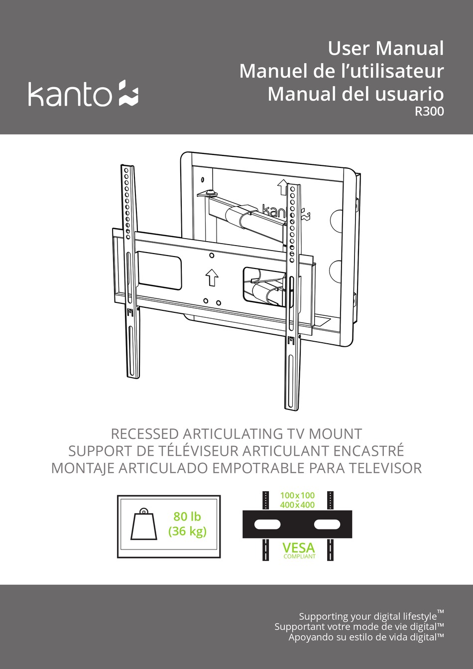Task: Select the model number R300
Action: pyautogui.click(x=429, y=112)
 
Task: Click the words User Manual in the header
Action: pyautogui.click(x=385, y=48)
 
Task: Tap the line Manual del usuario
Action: pyautogui.click(x=355, y=94)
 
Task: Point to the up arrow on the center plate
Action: pyautogui.click(x=212, y=277)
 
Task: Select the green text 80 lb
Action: pyautogui.click(x=187, y=517)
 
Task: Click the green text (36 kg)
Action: pyautogui.click(x=187, y=531)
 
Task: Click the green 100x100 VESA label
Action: pyautogui.click(x=297, y=495)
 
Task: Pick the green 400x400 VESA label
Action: pyautogui.click(x=297, y=505)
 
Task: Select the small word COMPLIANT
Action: pyautogui.click(x=299, y=556)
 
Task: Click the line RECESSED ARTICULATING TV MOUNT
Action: pyautogui.click(x=236, y=434)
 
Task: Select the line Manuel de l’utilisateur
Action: pyautogui.click(x=341, y=71)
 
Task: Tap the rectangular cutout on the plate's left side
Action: pyautogui.click(x=159, y=269)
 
